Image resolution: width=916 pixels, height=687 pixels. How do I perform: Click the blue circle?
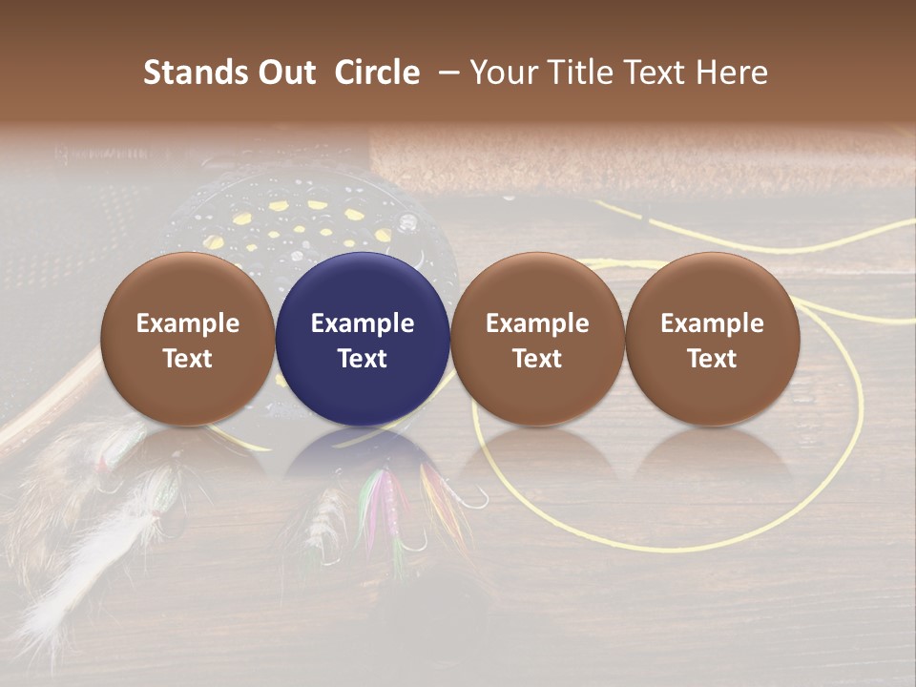click(x=363, y=339)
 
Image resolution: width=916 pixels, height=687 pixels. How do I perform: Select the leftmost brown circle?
click(x=188, y=339)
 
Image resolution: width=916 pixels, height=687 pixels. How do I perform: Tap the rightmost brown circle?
click(x=712, y=339)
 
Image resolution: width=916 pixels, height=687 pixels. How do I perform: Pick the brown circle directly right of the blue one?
click(x=537, y=339)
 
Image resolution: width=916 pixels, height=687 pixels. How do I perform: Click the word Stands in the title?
click(x=195, y=73)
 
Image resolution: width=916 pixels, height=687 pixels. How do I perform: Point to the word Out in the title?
click(x=285, y=73)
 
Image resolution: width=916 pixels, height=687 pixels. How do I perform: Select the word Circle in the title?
click(x=377, y=73)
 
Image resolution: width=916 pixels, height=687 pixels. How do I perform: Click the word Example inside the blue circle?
click(x=363, y=323)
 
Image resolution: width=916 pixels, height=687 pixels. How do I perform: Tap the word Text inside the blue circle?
click(x=363, y=359)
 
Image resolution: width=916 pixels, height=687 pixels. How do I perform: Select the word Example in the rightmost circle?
click(x=712, y=323)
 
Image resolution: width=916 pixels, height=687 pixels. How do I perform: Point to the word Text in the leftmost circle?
click(x=188, y=359)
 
